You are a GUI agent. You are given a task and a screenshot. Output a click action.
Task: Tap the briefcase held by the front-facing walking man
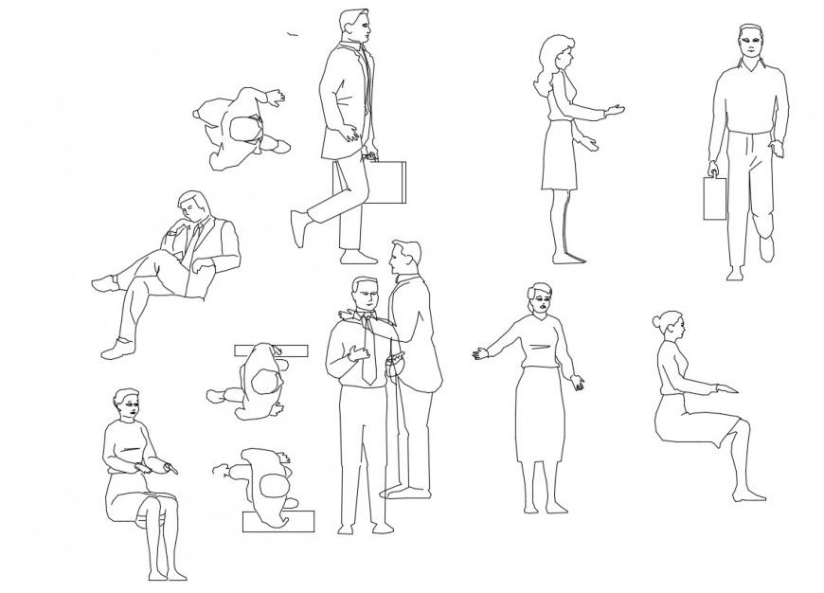click(712, 198)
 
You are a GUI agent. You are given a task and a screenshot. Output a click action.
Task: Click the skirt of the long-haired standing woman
click(559, 156)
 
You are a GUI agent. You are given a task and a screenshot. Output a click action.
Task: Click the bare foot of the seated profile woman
click(748, 493)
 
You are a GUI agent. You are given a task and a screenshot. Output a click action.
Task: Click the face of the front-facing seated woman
click(128, 408)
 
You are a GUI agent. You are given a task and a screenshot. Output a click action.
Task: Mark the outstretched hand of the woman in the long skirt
click(481, 354)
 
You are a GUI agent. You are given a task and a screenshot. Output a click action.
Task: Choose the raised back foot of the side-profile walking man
click(300, 228)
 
